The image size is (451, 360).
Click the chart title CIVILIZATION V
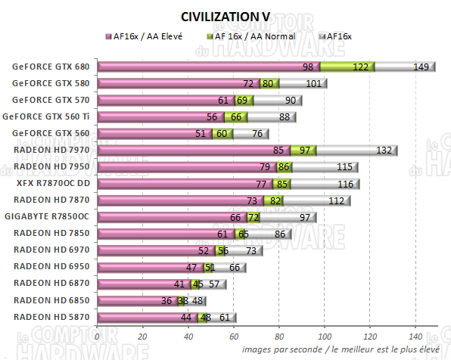point(225,17)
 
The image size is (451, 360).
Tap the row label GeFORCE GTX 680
point(54,67)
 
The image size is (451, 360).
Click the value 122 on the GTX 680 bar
point(361,67)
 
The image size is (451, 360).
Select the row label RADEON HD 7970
point(55,150)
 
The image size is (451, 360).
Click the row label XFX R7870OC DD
point(55,183)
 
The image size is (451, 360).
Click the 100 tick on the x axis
point(325,336)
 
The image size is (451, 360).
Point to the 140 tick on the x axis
point(415,336)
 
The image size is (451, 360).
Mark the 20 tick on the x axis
point(143,336)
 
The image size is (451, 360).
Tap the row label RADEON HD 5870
point(55,316)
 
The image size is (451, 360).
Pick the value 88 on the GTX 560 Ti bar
point(285,116)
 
